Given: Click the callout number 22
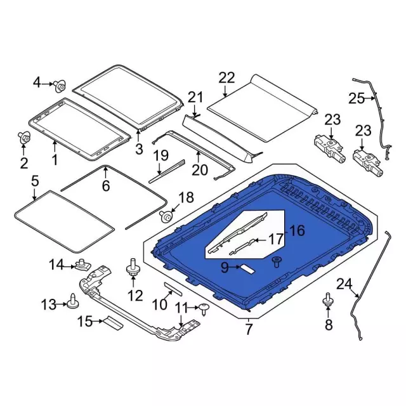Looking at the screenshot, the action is click(x=226, y=78).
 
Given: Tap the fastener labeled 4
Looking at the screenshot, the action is click(x=60, y=86).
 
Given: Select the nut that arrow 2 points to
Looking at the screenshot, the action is click(x=24, y=138).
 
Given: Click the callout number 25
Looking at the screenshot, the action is click(x=357, y=98).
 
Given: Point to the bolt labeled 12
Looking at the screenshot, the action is click(x=133, y=269).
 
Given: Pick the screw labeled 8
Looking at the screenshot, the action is click(x=328, y=300).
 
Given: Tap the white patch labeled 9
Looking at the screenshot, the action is click(x=248, y=268).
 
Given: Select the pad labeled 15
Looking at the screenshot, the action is click(x=114, y=323).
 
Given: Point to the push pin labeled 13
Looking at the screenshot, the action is click(x=72, y=303).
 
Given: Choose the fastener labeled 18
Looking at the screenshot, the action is click(x=166, y=216).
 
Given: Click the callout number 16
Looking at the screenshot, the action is click(x=297, y=230).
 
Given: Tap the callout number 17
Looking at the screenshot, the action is click(x=277, y=240).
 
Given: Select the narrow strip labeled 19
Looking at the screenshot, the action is click(x=167, y=171).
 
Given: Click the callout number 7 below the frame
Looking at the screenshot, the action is click(x=249, y=329).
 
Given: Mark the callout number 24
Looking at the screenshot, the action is click(x=344, y=284).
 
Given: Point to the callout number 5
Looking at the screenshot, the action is click(x=35, y=181).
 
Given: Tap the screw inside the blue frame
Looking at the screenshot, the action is click(x=277, y=262).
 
